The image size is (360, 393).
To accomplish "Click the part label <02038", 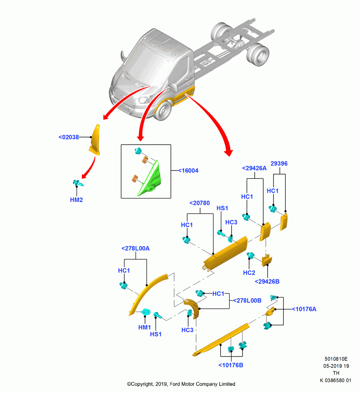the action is pyautogui.click(x=69, y=137).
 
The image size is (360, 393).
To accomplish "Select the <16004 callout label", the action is pyautogui.click(x=188, y=171).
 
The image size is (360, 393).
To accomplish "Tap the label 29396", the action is pyautogui.click(x=279, y=163).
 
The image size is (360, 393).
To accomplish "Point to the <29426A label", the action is pyautogui.click(x=254, y=168).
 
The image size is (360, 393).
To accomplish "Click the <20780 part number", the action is pyautogui.click(x=200, y=203).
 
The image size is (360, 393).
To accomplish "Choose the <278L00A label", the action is pyautogui.click(x=135, y=248).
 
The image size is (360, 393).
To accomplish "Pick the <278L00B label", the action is pyautogui.click(x=248, y=300).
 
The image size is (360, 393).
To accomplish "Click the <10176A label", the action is pyautogui.click(x=304, y=309).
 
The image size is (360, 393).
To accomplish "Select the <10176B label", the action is pyautogui.click(x=231, y=365).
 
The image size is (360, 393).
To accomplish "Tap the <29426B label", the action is pyautogui.click(x=267, y=281).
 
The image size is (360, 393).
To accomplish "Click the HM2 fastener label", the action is pyautogui.click(x=77, y=200).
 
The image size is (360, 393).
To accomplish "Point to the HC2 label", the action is pyautogui.click(x=249, y=273).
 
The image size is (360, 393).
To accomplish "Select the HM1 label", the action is pyautogui.click(x=145, y=327).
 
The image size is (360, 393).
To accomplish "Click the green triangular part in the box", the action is pyautogui.click(x=151, y=179).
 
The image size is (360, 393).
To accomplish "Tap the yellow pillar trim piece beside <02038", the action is pyautogui.click(x=94, y=140).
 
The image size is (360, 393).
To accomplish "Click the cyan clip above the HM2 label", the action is pyautogui.click(x=78, y=183).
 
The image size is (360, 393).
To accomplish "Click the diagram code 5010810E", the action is pyautogui.click(x=336, y=359).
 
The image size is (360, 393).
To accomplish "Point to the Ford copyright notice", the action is pyautogui.click(x=181, y=384).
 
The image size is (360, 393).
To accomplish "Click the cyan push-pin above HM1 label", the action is pyautogui.click(x=145, y=312).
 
